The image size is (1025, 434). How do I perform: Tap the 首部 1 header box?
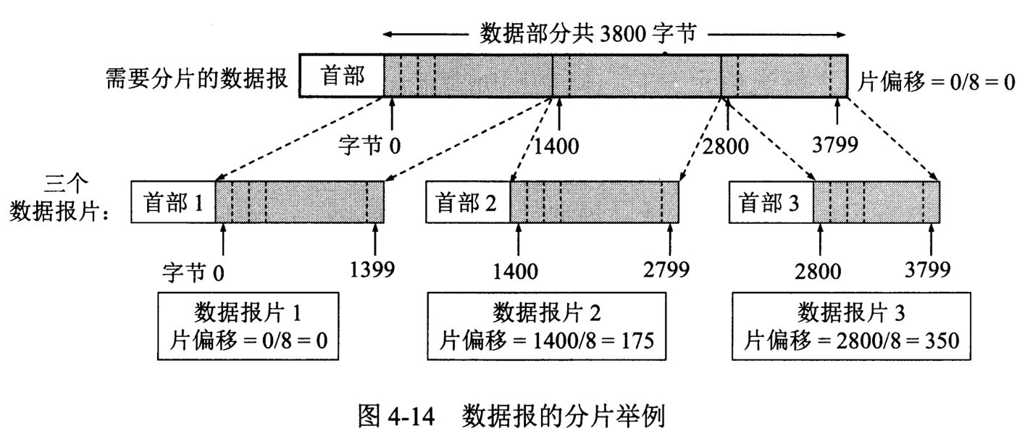(x=173, y=203)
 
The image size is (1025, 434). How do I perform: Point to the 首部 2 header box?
(x=468, y=203)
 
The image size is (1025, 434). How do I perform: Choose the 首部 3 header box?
(x=770, y=203)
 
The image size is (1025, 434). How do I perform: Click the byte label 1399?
(x=372, y=270)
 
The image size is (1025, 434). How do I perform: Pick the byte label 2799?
(x=666, y=270)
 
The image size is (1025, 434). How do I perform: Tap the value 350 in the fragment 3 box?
(x=936, y=339)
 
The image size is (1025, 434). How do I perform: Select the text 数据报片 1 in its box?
(x=248, y=313)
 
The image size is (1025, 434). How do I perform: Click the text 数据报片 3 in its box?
(x=850, y=313)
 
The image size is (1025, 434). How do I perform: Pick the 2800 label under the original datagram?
(x=726, y=146)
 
